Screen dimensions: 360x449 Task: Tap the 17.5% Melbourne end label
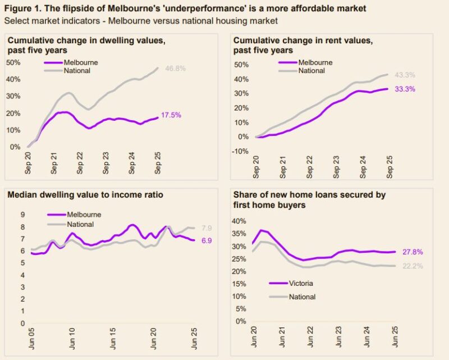171,116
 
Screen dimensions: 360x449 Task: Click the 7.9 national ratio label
207,228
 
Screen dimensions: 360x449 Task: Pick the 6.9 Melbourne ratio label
207,240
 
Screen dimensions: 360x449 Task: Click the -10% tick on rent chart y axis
240,151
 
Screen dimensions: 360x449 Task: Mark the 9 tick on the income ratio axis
23,215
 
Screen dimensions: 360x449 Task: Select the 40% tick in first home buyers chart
240,221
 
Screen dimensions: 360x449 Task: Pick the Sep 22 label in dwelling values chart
80,162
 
